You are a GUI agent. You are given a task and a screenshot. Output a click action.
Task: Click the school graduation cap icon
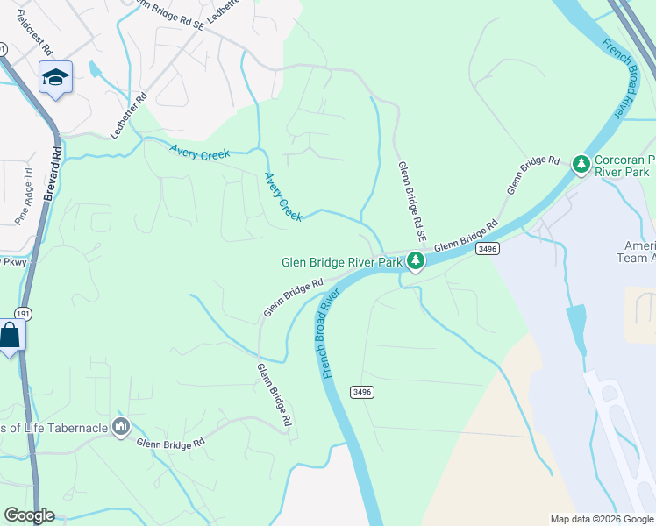click(54, 78)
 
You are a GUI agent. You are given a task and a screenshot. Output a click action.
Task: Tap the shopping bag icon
click(10, 335)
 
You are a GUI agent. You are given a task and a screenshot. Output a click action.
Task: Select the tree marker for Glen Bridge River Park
click(415, 260)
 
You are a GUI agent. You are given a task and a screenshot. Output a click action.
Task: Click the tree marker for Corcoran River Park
click(580, 163)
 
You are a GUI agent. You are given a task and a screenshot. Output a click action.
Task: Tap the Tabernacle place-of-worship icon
click(121, 427)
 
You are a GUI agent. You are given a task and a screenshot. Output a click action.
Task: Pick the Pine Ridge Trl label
click(24, 197)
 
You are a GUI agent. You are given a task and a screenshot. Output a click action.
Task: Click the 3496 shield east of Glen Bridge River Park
click(488, 250)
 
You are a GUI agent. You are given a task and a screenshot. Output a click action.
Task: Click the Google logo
click(29, 515)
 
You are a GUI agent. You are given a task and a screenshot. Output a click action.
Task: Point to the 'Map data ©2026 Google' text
click(601, 519)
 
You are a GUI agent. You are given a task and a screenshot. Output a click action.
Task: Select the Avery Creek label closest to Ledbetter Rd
click(200, 152)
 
